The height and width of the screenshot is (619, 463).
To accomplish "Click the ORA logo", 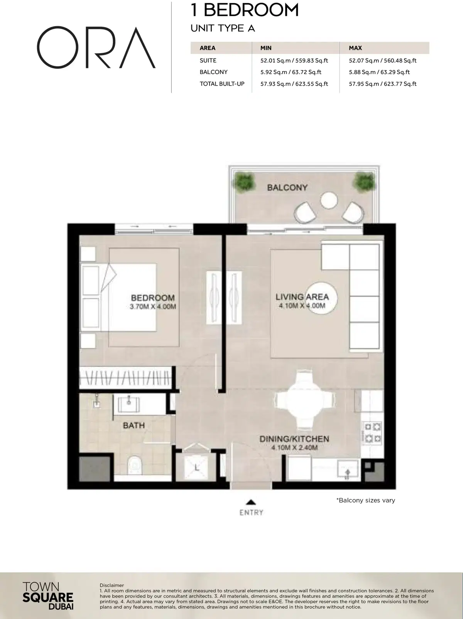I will click(x=96, y=48).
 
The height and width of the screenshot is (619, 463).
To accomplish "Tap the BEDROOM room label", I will click(x=152, y=298).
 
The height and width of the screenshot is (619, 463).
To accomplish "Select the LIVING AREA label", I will click(x=302, y=297).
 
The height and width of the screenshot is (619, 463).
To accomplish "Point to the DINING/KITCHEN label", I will click(x=294, y=439).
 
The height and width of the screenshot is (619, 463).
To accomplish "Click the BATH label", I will click(x=134, y=426).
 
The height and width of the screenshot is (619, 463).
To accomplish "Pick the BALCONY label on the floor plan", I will click(x=287, y=188).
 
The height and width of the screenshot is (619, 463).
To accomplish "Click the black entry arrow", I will click(x=251, y=502).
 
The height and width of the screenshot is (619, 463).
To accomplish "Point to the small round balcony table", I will click(x=328, y=200).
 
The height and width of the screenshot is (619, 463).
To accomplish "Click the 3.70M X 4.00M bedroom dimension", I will click(x=153, y=307).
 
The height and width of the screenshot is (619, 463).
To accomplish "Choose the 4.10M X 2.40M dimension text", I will click(x=294, y=447).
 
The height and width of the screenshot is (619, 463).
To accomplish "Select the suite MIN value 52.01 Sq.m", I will click(x=294, y=61).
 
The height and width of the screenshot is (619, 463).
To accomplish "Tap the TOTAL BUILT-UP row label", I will click(x=222, y=84).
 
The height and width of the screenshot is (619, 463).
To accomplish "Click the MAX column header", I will click(x=355, y=48).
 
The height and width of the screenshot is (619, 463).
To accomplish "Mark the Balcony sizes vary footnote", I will click(x=366, y=500).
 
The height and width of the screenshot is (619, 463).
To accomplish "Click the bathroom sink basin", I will click(x=129, y=405).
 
